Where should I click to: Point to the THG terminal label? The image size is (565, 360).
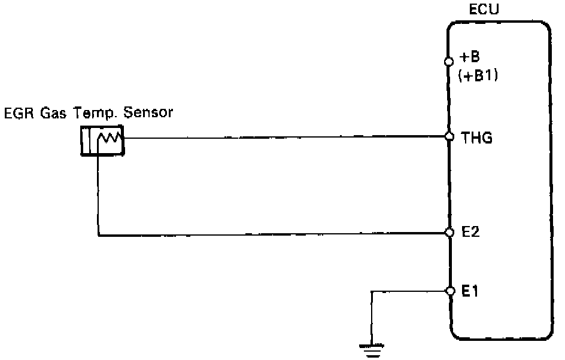(477, 138)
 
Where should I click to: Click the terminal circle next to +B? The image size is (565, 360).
(449, 61)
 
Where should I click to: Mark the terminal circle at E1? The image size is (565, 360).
(449, 291)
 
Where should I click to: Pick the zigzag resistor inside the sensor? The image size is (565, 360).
(111, 139)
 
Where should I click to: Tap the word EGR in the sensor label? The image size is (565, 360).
(16, 112)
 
